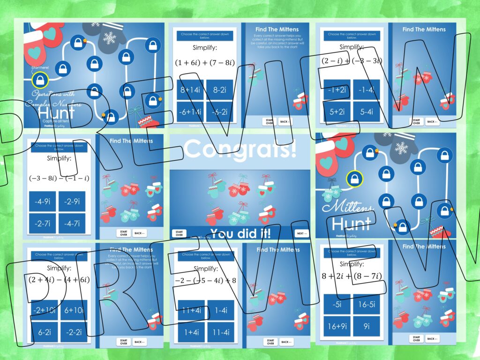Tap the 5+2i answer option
(337, 112)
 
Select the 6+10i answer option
(74, 310)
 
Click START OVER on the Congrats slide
(179, 233)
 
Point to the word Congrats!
(240, 149)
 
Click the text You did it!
(240, 233)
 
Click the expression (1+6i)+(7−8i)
(204, 62)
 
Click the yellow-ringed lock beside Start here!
(41, 80)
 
